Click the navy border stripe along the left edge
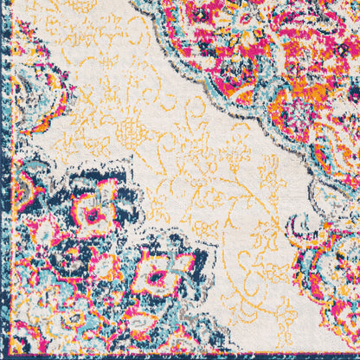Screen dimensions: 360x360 [4, 173]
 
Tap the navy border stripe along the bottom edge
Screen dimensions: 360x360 [173, 356]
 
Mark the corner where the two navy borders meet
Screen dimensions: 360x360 [4, 356]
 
